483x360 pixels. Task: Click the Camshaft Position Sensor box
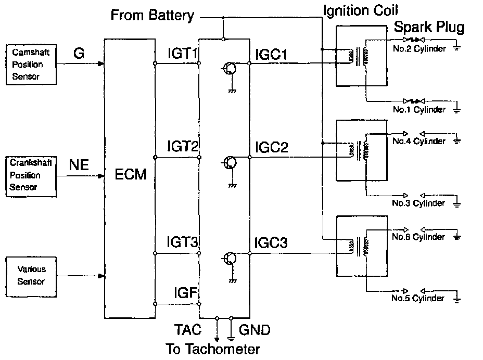[x=31, y=65]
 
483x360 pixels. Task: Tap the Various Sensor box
[x=31, y=275]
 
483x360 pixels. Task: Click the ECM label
[x=131, y=175]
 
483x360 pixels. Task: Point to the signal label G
[x=79, y=53]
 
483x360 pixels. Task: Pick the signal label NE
[x=79, y=165]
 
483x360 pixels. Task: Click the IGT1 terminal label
[x=183, y=54]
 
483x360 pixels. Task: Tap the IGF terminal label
[x=185, y=293]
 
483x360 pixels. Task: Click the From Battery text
[x=152, y=16]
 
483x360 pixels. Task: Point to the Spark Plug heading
[x=429, y=28]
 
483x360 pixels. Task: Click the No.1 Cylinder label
[x=419, y=110]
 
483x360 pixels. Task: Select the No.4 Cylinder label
[x=419, y=141]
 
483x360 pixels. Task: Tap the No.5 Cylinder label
[x=418, y=299]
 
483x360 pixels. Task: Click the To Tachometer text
[x=212, y=349]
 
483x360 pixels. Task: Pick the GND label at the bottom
[x=255, y=330]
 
